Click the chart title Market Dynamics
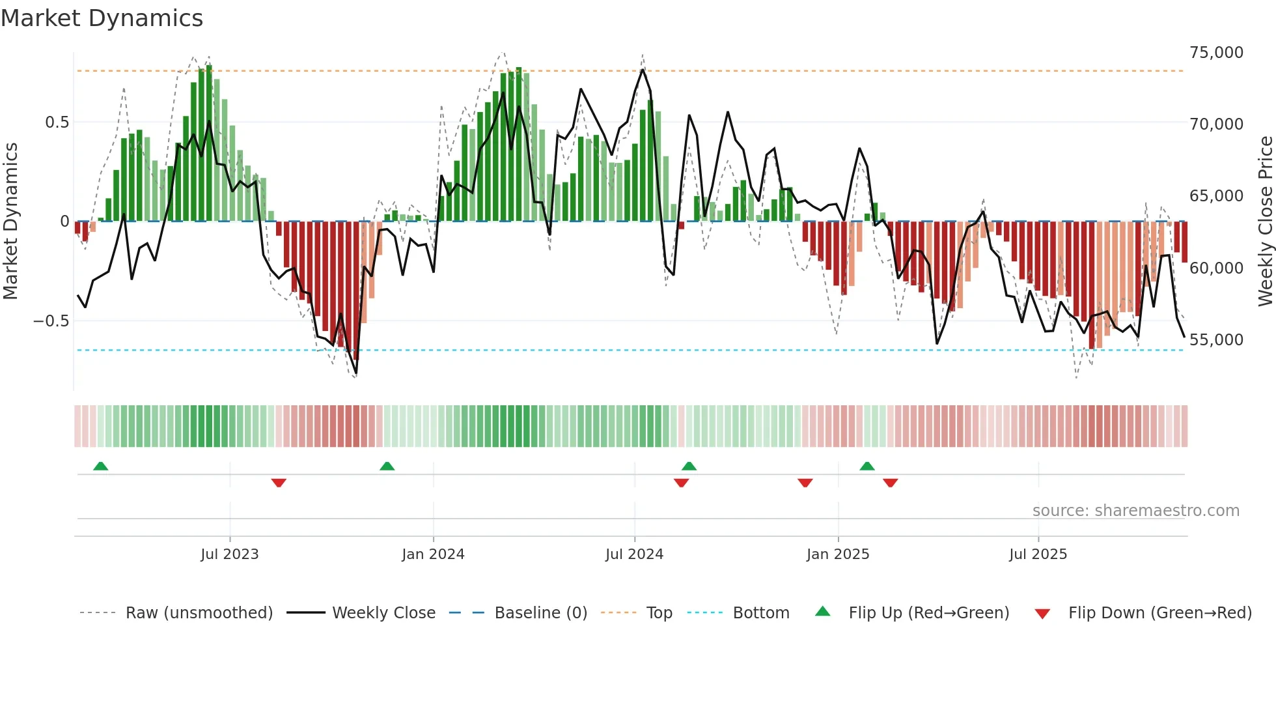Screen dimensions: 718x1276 tap(102, 18)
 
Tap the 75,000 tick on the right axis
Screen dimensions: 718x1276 tap(1215, 53)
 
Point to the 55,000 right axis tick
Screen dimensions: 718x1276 tap(1215, 339)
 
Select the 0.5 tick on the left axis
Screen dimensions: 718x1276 tap(57, 122)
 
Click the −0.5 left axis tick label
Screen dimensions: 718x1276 tap(51, 321)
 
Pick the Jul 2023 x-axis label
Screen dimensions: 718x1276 tap(229, 554)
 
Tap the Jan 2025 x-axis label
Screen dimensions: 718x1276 tap(837, 554)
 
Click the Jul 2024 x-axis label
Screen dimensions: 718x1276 tap(634, 554)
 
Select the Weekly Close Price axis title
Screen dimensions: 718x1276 tap(1265, 222)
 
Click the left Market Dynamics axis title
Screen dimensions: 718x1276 tap(10, 222)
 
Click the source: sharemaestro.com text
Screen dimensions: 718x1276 tap(1135, 511)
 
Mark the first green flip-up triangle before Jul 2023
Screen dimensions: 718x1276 tap(100, 466)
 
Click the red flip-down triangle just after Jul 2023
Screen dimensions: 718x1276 tap(279, 483)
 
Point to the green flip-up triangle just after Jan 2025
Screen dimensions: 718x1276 tap(867, 466)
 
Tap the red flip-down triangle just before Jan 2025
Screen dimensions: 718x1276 tap(805, 483)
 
